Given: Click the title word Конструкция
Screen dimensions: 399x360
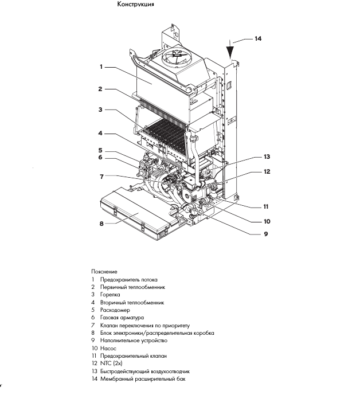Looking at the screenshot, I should tap(135, 5).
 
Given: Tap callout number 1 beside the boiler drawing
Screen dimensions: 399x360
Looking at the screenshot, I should tap(101, 67).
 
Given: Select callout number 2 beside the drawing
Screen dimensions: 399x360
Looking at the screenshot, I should tap(101, 89).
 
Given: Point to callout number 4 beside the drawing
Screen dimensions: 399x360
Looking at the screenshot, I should tap(101, 133).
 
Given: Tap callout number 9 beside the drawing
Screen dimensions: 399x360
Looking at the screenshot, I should tap(266, 234).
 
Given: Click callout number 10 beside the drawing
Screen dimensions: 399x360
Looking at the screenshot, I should tap(267, 221).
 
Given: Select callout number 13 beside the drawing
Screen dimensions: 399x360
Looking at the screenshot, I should tap(266, 156).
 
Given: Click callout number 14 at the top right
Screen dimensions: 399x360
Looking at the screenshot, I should tap(257, 39).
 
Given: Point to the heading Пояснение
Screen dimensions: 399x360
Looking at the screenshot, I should tap(104, 271).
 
